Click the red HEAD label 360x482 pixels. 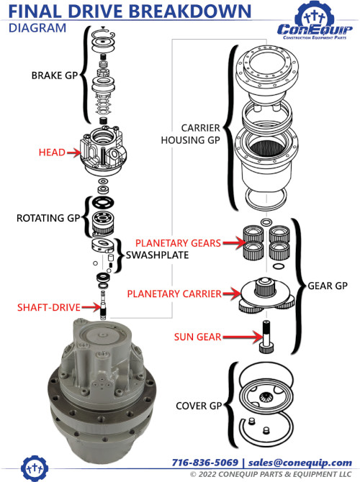pos(53,152)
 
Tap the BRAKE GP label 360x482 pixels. pos(55,75)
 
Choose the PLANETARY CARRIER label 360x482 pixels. pos(175,294)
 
